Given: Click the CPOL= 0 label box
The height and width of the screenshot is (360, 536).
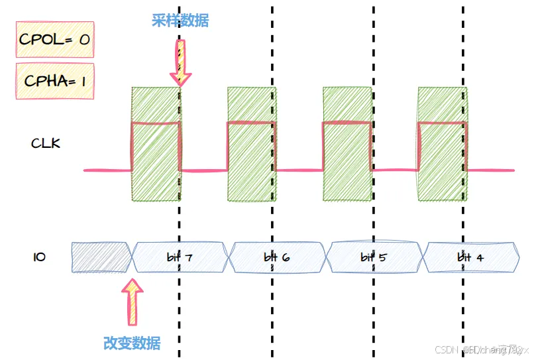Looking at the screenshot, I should point(54,39).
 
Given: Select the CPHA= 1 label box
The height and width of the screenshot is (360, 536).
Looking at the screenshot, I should point(54,81).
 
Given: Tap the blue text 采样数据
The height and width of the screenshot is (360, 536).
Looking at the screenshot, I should point(180,21).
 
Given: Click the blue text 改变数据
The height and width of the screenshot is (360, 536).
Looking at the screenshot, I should point(132,343).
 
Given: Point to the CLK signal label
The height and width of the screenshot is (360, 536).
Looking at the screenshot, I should point(46,143).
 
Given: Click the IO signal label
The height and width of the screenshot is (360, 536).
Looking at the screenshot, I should point(39,256).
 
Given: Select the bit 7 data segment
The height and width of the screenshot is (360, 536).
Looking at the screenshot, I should point(180,257).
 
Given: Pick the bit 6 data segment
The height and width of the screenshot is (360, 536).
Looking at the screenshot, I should point(276,257).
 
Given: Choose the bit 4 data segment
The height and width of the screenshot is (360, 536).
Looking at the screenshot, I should point(470,257).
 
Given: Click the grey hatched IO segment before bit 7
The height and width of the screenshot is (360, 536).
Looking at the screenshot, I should point(101,257).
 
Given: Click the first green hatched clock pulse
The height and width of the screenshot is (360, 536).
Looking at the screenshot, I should point(156,144).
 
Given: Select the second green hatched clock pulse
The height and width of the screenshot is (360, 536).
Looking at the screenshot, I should point(251,144).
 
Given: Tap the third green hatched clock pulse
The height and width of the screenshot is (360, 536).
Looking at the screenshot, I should point(347,144).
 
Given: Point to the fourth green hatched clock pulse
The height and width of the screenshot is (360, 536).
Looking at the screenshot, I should point(442,144).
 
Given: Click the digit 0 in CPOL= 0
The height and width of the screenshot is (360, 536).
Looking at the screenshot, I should point(84,39).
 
